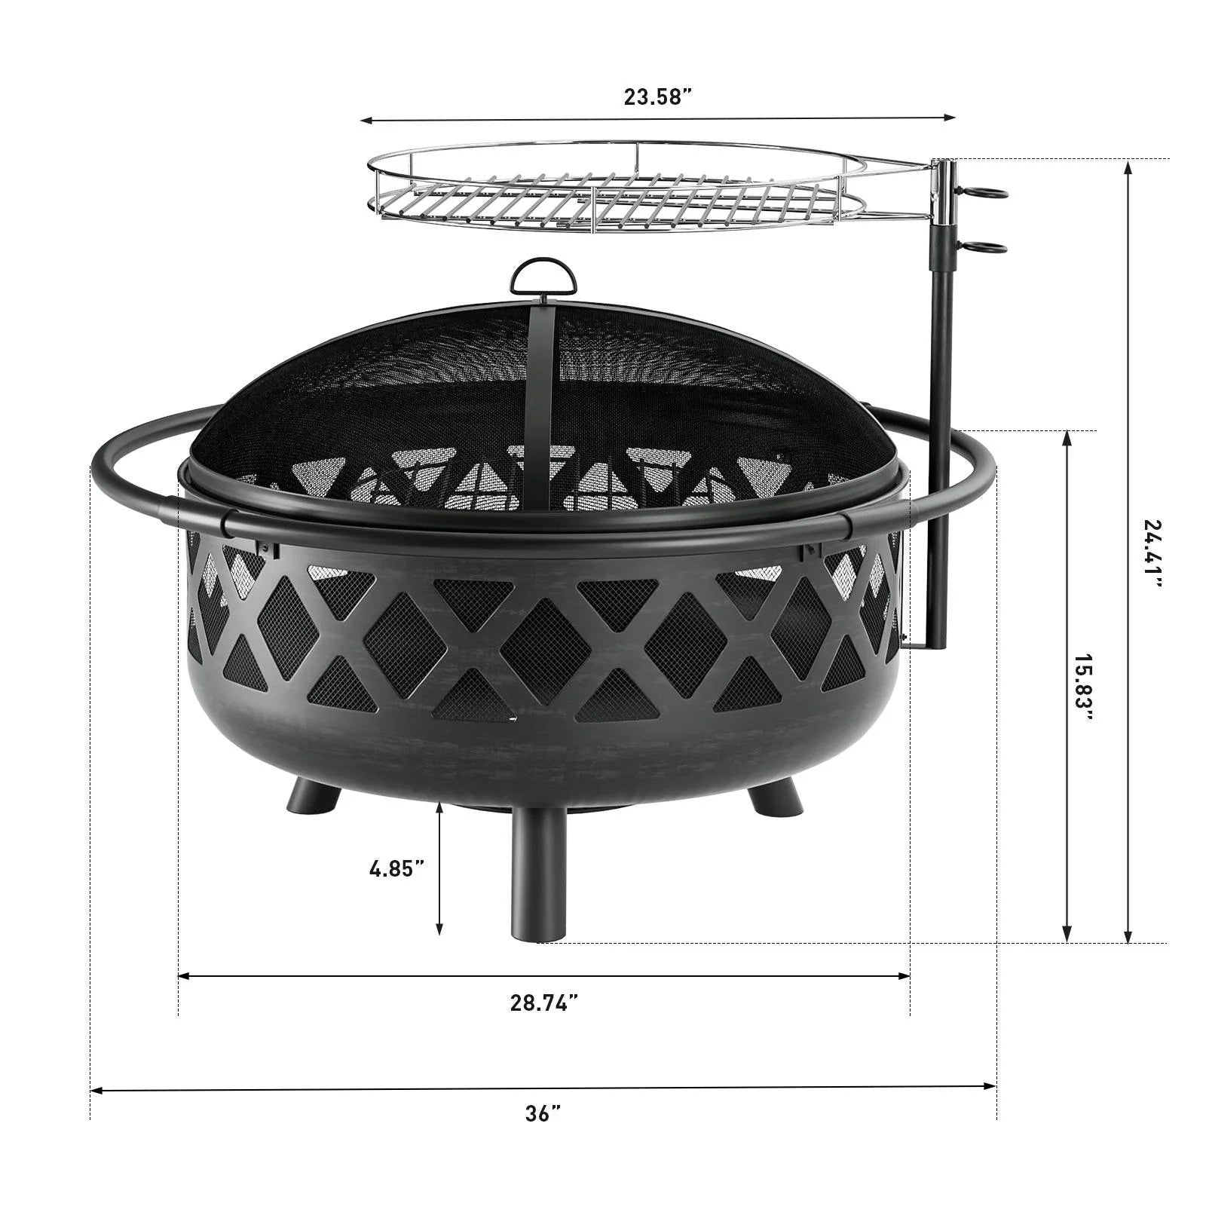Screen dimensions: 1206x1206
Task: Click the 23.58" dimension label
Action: point(657,97)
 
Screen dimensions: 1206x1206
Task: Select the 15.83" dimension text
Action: point(1083,687)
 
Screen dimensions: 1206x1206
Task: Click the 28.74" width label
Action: point(544,1002)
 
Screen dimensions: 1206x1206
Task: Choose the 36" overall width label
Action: point(543,1113)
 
